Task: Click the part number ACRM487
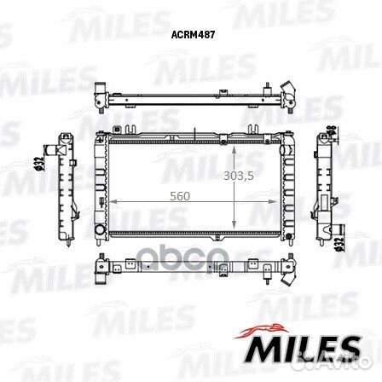point(193,35)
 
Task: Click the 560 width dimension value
point(180,196)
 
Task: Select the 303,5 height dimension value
point(239,177)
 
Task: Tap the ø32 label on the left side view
point(40,163)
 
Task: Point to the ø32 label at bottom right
point(339,245)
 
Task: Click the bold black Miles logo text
point(302,350)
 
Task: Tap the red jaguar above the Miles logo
point(261,331)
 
